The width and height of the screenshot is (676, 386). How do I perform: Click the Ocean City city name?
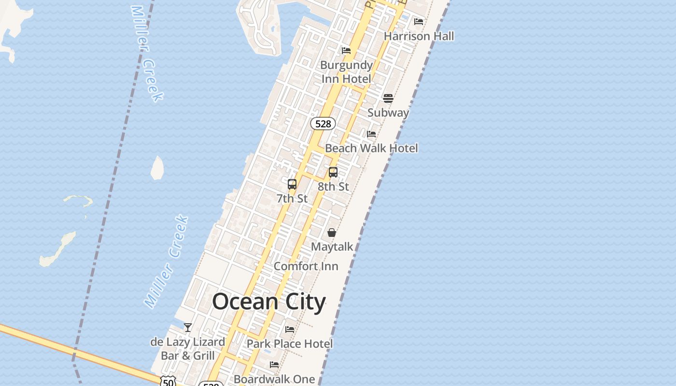269,302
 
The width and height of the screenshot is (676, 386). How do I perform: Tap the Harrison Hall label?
419,36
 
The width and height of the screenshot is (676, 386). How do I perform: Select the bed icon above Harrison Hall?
419,21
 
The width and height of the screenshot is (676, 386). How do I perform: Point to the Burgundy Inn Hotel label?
346,72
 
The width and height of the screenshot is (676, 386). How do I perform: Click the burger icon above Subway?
388,98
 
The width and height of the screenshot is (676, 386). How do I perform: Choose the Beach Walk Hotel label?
371,148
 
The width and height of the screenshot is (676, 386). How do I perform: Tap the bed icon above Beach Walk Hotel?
371,134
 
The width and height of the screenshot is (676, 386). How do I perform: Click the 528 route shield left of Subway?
323,124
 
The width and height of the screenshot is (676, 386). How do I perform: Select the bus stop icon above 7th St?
292,184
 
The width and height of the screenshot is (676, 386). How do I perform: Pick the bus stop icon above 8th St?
333,172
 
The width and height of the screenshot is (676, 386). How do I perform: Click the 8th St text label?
333,186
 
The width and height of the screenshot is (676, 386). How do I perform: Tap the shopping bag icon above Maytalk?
332,233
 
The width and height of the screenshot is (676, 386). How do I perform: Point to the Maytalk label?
332,247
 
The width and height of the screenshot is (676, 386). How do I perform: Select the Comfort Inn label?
306,266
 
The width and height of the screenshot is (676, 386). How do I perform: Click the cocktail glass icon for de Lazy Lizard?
188,328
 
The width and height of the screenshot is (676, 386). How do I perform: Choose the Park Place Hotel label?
290,344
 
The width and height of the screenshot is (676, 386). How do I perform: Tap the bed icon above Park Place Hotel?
290,330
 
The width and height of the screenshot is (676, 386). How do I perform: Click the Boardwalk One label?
274,379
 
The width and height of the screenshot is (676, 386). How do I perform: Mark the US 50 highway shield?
168,382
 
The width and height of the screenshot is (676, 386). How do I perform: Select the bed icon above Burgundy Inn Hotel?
346,51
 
